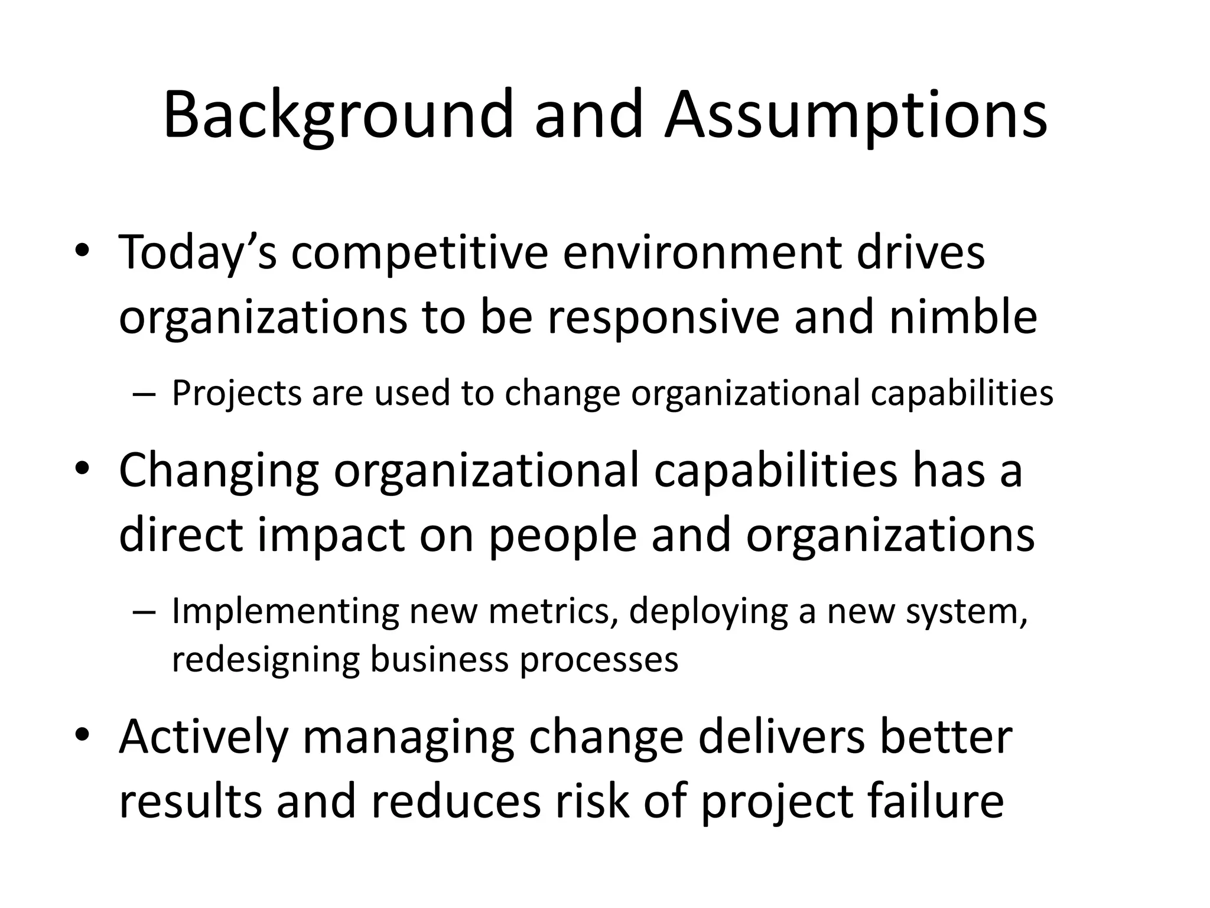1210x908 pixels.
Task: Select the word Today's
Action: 198,252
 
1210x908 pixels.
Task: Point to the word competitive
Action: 419,252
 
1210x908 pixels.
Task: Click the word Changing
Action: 219,470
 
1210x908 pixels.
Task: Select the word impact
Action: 331,534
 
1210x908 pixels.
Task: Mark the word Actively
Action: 203,737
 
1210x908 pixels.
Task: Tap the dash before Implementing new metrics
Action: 143,613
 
